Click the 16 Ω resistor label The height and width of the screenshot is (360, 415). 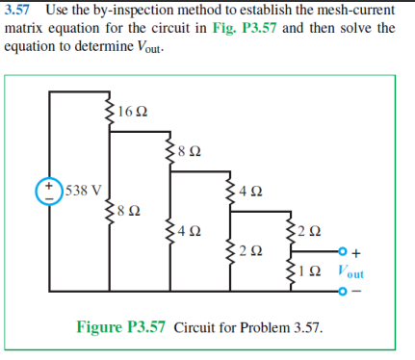(131, 112)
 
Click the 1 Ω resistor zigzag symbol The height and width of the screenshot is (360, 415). (289, 270)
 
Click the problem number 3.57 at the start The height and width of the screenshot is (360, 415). (20, 10)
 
